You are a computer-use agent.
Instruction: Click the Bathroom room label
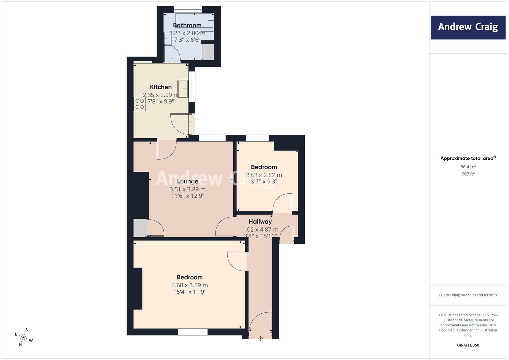[x=187, y=25]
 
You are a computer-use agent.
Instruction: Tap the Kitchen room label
[x=161, y=87]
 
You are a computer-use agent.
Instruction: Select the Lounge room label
[x=187, y=181]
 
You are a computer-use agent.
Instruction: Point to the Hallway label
[x=260, y=222]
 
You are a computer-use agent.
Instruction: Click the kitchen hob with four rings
[x=140, y=104]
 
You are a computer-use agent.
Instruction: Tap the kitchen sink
[x=183, y=89]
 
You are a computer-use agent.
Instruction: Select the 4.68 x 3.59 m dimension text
[x=190, y=285]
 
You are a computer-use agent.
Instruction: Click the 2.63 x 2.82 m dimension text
[x=264, y=175]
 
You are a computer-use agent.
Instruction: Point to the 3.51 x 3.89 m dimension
[x=187, y=189]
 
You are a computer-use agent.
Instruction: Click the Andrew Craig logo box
[x=468, y=27]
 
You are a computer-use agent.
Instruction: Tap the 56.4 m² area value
[x=468, y=167]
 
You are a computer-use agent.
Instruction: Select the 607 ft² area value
[x=468, y=174]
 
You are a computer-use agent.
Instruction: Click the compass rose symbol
[x=24, y=337]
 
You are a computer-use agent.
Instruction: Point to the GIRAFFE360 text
[x=468, y=345]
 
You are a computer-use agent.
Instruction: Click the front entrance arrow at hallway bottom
[x=260, y=339]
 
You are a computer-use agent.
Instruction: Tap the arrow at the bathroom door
[x=172, y=60]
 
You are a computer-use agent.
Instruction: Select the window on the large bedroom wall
[x=193, y=332]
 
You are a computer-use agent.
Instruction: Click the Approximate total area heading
[x=468, y=158]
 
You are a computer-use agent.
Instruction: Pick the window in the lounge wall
[x=212, y=138]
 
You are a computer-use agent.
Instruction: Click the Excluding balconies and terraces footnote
[x=468, y=295]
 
